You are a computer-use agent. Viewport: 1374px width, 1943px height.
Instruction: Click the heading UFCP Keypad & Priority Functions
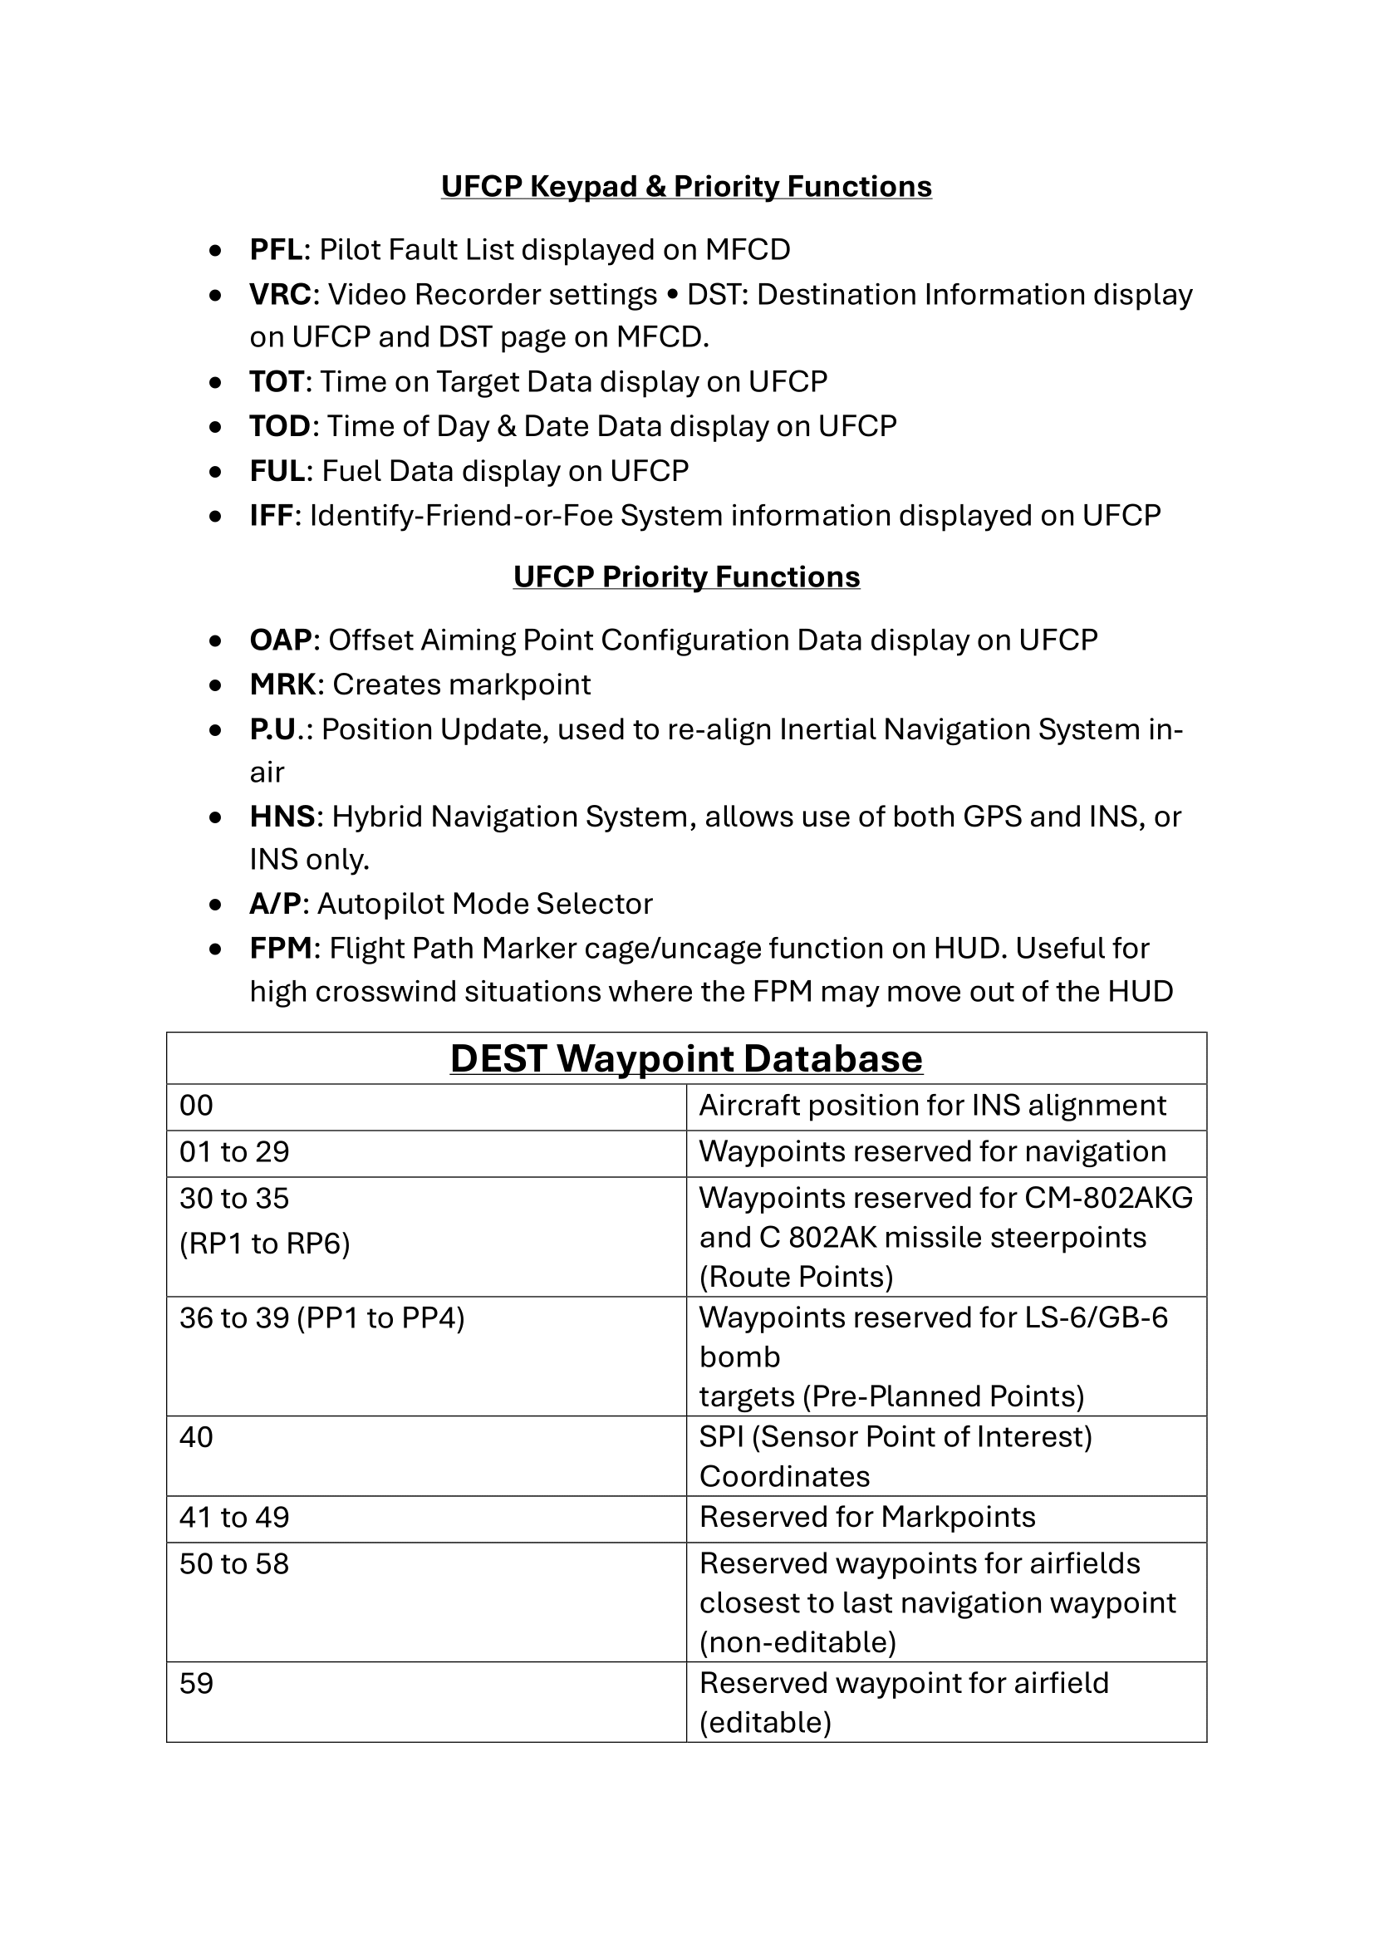[686, 186]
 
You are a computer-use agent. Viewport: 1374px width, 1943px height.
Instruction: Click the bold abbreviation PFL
[276, 250]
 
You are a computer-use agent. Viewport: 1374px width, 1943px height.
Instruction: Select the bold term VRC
[280, 295]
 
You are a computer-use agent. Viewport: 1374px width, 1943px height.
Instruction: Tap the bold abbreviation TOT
[277, 381]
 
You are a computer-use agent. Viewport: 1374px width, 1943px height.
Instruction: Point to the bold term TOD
[280, 425]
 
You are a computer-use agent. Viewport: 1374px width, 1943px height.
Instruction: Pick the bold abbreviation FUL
[277, 470]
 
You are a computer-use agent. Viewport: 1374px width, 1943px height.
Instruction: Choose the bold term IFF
[271, 515]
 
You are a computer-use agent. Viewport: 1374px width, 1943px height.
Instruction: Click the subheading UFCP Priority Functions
[686, 577]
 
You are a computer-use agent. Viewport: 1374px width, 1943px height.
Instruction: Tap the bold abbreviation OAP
[281, 640]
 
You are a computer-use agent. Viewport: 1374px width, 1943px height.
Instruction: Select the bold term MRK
[282, 684]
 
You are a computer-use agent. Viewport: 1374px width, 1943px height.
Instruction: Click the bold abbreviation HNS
[282, 817]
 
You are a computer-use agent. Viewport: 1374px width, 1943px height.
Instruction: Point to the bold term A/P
[275, 904]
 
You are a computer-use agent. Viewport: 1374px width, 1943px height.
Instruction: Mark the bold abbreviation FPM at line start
[281, 949]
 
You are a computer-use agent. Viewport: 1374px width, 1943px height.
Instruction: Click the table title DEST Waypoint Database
[686, 1058]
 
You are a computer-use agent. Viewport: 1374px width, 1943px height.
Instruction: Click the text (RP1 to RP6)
[265, 1244]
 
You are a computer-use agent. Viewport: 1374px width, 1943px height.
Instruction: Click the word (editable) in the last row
[766, 1722]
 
